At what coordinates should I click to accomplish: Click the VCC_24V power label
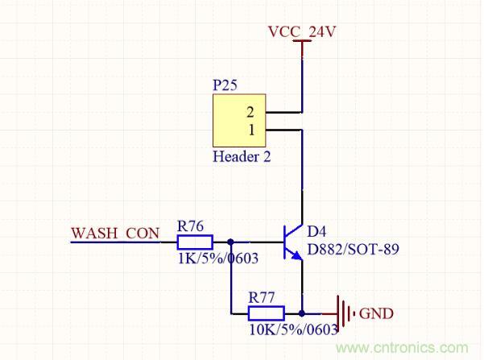[x=302, y=32]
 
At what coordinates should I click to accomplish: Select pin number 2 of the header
[x=250, y=112]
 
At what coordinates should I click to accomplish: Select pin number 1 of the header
[x=250, y=130]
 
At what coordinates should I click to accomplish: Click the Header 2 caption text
[x=241, y=157]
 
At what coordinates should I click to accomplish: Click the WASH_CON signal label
[x=115, y=234]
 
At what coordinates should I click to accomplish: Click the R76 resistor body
[x=194, y=241]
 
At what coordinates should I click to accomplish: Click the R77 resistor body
[x=265, y=312]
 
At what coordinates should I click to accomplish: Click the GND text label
[x=375, y=313]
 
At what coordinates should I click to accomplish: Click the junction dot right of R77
[x=301, y=312]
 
